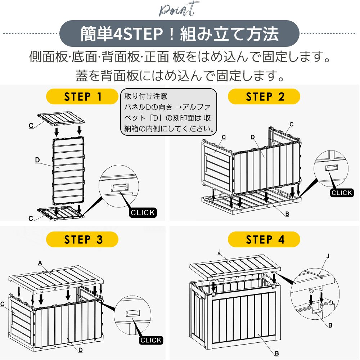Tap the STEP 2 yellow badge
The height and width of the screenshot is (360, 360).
coord(265,97)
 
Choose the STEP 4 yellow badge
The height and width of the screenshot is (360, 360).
coord(265,239)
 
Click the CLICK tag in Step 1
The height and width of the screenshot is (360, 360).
coord(143,212)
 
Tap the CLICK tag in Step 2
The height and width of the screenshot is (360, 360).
coord(342,193)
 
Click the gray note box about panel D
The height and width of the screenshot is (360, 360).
coord(169,112)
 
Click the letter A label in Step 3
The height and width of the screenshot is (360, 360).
coord(40,263)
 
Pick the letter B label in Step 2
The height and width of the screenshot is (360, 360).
coord(287,214)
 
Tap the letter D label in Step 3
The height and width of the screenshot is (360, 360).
coord(81,350)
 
